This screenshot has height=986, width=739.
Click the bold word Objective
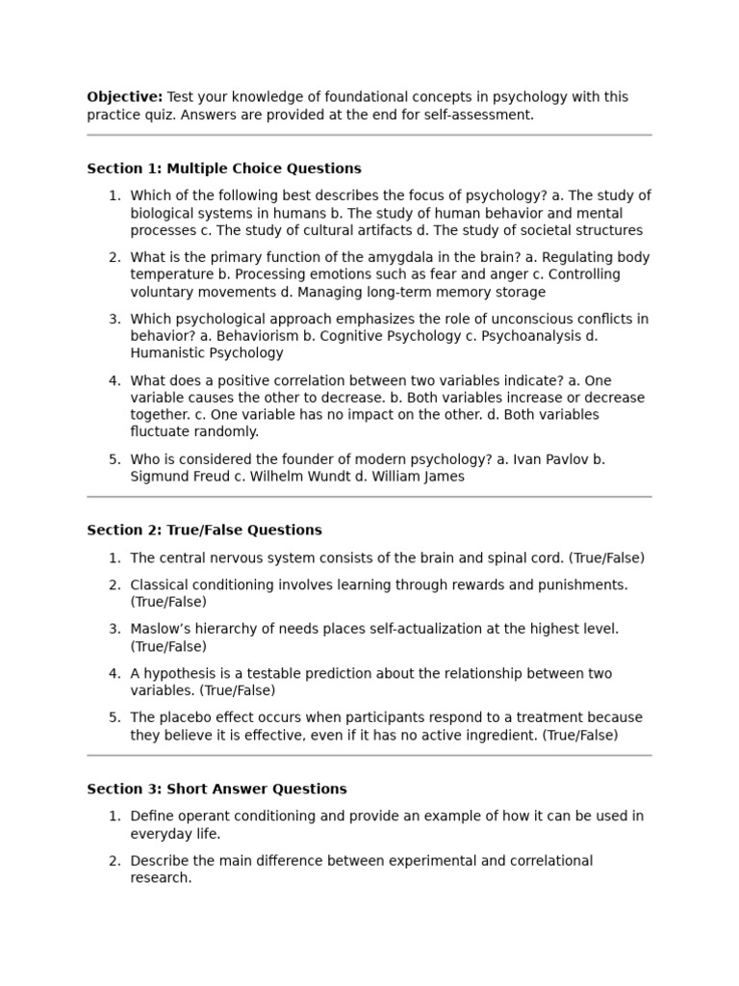coord(124,97)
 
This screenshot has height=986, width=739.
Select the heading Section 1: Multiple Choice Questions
coord(224,169)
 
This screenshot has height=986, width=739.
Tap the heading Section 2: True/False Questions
coord(204,531)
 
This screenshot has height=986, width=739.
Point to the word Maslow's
coord(160,629)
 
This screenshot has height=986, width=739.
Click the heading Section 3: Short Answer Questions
coord(217,790)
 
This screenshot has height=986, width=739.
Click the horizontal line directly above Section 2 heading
coord(369,497)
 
